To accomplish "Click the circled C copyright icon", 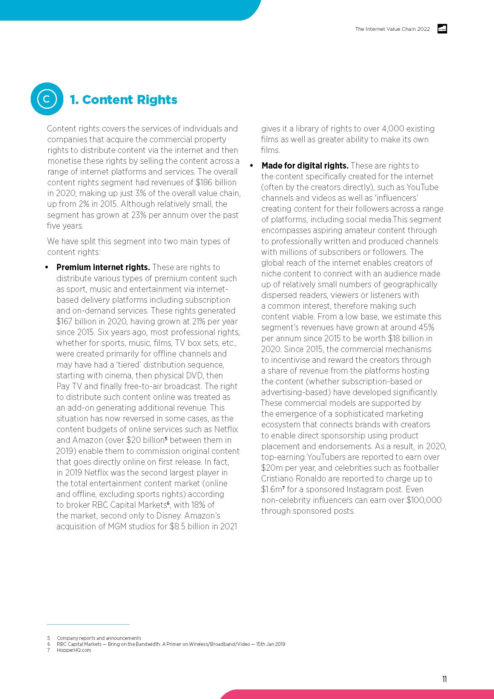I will [47, 99].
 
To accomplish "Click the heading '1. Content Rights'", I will [124, 100].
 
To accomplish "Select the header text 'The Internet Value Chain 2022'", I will [392, 29].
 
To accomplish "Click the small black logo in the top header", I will [442, 29].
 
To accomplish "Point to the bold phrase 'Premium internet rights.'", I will [103, 267].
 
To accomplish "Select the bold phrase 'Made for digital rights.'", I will [305, 166].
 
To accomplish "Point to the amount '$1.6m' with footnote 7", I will [272, 490].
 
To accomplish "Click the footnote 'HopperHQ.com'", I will [74, 650].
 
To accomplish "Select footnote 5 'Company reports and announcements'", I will [99, 638].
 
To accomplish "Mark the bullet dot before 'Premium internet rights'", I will [47, 267].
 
